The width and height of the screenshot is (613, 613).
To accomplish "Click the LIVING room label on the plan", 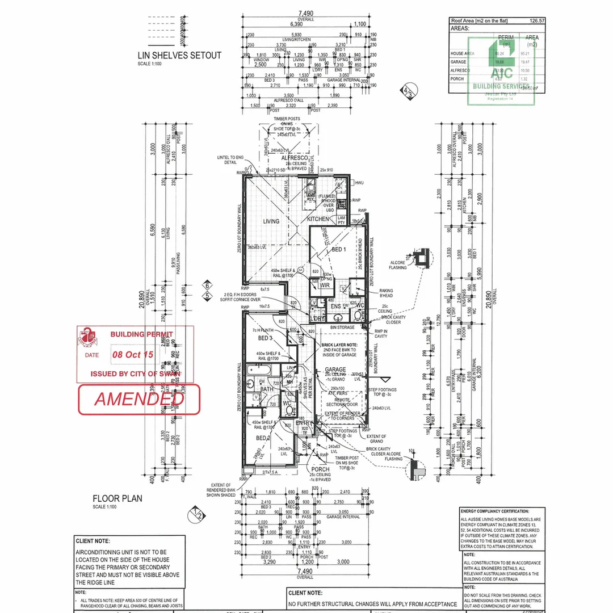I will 271,221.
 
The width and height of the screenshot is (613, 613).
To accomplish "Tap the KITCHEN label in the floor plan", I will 318,219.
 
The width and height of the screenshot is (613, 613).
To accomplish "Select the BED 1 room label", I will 338,250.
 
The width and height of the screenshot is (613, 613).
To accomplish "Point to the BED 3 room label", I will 265,338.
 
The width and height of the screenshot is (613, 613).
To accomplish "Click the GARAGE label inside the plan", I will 335,370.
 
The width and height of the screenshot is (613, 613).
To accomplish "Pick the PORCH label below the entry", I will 320,469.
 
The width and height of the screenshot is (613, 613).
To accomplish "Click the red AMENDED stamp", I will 139,399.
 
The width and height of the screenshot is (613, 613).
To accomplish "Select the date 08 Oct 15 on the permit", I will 133,354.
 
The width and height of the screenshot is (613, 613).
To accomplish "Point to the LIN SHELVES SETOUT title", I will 179,56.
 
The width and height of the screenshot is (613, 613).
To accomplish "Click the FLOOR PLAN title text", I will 117,498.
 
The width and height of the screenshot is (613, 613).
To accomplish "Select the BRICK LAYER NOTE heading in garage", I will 339,345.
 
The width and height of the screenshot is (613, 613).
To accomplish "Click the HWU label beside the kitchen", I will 359,183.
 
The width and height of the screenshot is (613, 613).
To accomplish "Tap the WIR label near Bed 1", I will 325,285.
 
